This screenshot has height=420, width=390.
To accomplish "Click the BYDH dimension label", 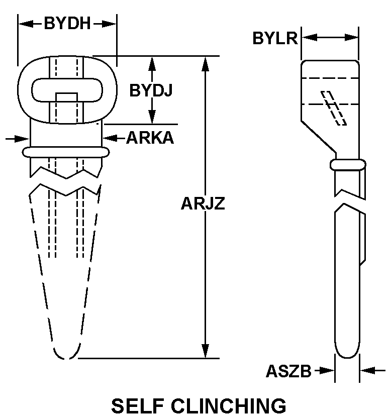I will [67, 24].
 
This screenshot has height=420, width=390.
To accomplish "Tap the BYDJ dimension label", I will [151, 90].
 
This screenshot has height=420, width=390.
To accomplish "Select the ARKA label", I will [150, 138].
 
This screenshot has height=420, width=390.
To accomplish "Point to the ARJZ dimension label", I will [203, 204].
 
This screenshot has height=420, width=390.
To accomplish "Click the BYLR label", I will [275, 38].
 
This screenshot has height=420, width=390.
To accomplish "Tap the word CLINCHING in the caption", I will [228, 406].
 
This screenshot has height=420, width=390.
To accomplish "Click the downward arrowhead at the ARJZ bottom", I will [205, 351].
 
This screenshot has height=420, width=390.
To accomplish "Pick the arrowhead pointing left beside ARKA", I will [109, 137].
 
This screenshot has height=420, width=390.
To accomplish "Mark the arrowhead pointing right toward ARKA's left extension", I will [23, 138].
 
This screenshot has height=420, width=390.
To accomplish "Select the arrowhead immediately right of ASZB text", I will [327, 371].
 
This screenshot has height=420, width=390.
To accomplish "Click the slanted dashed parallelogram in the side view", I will [334, 108].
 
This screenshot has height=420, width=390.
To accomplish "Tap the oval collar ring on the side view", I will [347, 164].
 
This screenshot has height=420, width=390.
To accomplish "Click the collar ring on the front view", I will [65, 152].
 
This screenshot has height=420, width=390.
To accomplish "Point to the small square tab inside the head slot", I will [66, 97].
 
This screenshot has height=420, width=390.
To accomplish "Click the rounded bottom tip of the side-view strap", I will [347, 352].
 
